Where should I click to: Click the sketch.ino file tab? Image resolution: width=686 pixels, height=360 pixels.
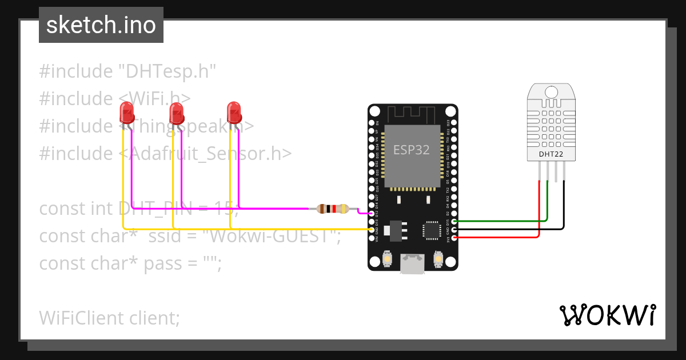101,25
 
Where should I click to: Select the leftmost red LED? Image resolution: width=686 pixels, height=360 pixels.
126,113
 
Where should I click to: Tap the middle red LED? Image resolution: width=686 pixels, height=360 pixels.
177,113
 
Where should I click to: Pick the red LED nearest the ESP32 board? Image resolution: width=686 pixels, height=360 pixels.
233,112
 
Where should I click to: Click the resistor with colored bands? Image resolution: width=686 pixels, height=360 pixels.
333,209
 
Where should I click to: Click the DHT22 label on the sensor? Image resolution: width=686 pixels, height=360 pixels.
551,154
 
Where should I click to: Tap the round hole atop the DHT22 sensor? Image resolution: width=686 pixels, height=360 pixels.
551,91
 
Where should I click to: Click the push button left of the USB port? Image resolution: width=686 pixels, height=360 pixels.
388,259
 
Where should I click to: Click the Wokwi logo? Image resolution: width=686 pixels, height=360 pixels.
607,315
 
